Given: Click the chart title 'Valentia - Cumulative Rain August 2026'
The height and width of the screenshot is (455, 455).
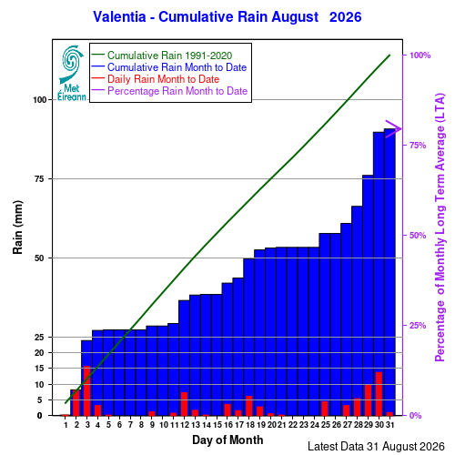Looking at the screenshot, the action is pos(227,16).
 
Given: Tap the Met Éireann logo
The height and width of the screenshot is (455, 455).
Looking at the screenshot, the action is pos(72,73).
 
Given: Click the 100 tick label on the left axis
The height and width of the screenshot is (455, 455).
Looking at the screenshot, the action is pos(40,100).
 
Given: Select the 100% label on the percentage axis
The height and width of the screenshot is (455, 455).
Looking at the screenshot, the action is pos(420,56).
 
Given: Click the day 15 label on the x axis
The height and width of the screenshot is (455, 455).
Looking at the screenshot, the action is pos(217,425).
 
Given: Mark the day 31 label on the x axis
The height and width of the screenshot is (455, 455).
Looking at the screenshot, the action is pos(389,425).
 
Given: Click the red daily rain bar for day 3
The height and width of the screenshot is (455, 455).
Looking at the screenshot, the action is pos(87,391).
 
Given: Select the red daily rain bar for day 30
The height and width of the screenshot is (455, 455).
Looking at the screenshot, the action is pos(379,394).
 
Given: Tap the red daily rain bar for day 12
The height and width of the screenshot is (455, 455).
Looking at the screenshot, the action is pos(184,404).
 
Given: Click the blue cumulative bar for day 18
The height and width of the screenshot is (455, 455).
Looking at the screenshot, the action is pos(248,337).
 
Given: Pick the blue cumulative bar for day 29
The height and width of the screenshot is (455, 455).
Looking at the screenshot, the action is pos(368,296).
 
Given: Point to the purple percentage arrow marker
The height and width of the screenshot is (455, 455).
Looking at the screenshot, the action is pos(394,129).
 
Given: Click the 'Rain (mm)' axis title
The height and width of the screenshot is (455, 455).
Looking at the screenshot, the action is pos(17,227).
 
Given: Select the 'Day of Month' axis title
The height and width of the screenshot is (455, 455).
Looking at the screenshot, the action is pos(227,440).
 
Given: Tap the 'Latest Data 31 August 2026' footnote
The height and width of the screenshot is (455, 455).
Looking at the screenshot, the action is pos(376,447).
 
